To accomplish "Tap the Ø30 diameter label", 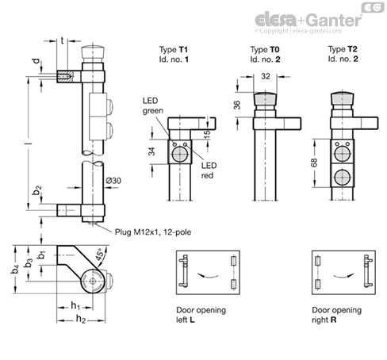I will coord(115,181).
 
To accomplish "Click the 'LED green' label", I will coord(152,107).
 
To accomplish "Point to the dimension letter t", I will coord(63,37).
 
